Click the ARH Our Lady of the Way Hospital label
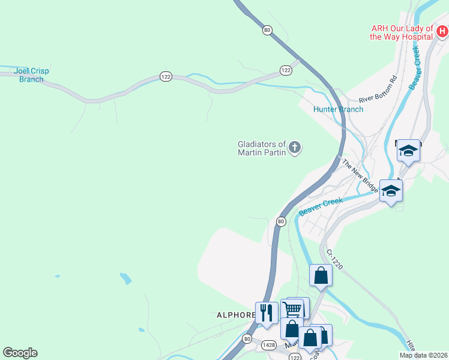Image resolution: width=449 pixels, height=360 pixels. pyautogui.click(x=401, y=32)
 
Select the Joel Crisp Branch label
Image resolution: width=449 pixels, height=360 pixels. pyautogui.click(x=31, y=75)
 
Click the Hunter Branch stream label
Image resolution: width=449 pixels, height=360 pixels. pyautogui.click(x=338, y=109)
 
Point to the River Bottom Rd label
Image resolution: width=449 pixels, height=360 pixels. pyautogui.click(x=378, y=89)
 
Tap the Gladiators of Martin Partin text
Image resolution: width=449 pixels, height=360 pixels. pyautogui.click(x=261, y=148)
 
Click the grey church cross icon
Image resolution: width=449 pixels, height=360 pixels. pyautogui.click(x=295, y=147)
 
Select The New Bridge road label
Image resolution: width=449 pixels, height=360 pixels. pyautogui.click(x=360, y=175)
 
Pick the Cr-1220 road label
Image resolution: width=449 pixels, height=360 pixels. pyautogui.click(x=334, y=259)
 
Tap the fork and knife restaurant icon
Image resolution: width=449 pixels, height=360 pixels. pyautogui.click(x=267, y=312)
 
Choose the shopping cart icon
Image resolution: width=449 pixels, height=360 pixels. pyautogui.click(x=292, y=309)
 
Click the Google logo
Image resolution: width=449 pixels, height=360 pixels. pyautogui.click(x=20, y=353)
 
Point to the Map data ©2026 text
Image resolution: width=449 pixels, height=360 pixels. pyautogui.click(x=423, y=355)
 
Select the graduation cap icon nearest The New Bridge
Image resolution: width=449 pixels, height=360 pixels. pyautogui.click(x=391, y=191)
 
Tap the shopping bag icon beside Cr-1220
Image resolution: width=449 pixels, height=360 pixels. pyautogui.click(x=321, y=275)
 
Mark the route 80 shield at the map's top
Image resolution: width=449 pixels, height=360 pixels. pyautogui.click(x=267, y=29)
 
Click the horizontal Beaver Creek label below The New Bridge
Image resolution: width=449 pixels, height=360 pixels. pyautogui.click(x=321, y=206)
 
